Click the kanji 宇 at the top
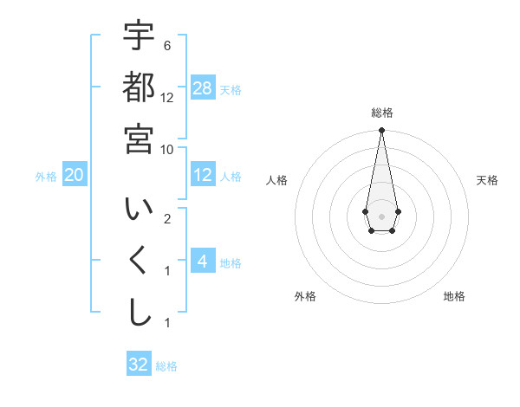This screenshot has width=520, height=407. click(139, 36)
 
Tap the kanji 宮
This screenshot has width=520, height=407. click(139, 139)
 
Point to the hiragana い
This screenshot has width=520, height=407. click(139, 210)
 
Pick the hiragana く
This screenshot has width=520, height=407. click(139, 262)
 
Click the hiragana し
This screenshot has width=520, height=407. click(139, 313)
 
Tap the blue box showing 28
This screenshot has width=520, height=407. click(203, 89)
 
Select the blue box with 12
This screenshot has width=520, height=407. click(203, 175)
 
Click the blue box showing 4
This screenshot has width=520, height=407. click(203, 262)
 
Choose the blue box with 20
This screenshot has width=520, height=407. click(75, 175)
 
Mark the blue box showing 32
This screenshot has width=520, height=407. click(139, 365)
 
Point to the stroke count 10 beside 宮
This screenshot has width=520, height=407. click(167, 149)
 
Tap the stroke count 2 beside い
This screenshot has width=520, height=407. click(167, 218)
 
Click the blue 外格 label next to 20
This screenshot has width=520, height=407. click(46, 177)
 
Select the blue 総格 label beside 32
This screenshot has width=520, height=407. click(166, 366)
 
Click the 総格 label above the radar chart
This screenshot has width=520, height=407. click(381, 113)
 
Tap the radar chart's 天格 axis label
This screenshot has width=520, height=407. click(488, 180)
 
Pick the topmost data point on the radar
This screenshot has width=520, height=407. click(381, 131)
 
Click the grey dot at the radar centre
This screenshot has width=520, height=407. click(381, 216)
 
